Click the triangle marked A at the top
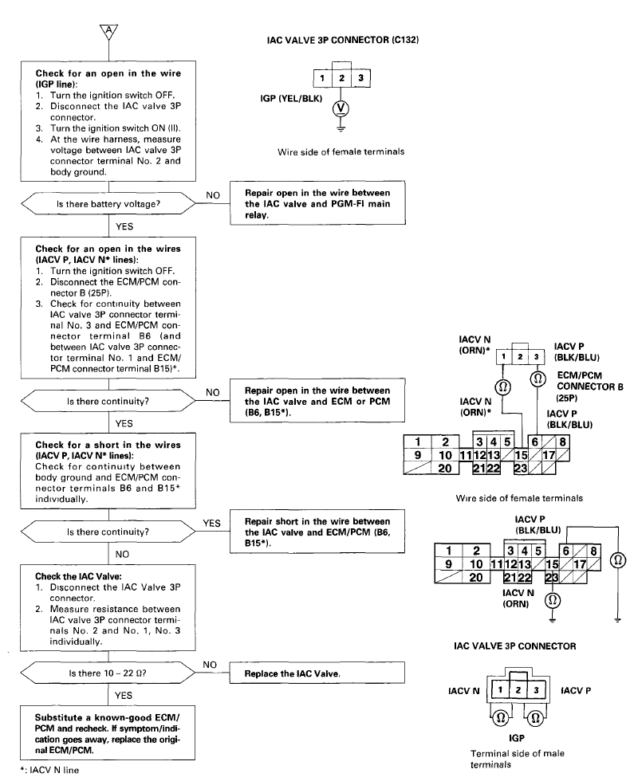click(108, 31)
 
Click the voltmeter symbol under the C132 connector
click(341, 108)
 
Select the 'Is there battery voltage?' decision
click(108, 204)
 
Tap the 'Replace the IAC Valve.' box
click(317, 673)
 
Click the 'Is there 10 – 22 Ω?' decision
click(108, 673)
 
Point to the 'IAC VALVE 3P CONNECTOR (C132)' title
click(343, 40)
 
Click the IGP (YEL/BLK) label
click(291, 99)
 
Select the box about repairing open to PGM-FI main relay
click(317, 203)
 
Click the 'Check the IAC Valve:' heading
click(78, 576)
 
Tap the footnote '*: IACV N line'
click(49, 770)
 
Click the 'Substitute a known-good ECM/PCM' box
click(108, 732)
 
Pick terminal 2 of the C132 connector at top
click(341, 78)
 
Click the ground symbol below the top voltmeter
click(341, 127)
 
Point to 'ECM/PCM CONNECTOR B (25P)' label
click(589, 387)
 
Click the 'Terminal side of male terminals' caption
click(518, 759)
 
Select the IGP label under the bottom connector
click(517, 738)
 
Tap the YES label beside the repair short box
click(212, 523)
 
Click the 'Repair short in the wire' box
click(317, 532)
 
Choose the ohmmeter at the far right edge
click(618, 560)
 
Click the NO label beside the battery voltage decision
click(213, 195)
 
